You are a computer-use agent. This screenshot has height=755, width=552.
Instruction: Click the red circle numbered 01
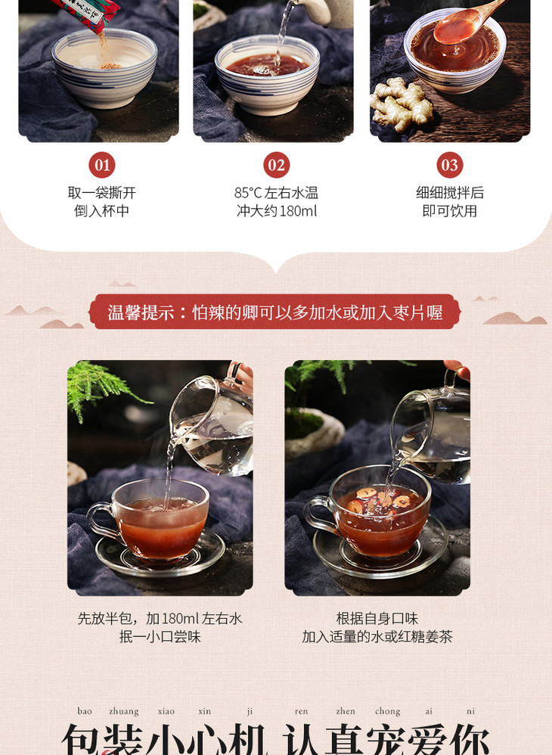[x=102, y=165]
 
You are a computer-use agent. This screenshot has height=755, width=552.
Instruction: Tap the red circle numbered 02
[x=276, y=165]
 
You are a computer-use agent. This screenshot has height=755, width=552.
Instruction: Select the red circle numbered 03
[x=449, y=165]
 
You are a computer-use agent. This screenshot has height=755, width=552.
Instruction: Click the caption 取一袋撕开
[x=102, y=193]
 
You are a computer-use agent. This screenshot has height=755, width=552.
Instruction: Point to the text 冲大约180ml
[x=277, y=211]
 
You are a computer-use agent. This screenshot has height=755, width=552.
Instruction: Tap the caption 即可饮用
[x=449, y=211]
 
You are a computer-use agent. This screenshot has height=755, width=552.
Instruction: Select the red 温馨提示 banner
[x=275, y=312]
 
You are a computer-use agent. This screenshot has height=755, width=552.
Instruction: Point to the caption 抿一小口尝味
[x=160, y=637]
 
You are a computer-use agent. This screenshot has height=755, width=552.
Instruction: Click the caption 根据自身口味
[x=377, y=619]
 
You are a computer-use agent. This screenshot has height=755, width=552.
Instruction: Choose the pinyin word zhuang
[x=124, y=711]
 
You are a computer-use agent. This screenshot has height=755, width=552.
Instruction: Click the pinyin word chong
[x=388, y=711]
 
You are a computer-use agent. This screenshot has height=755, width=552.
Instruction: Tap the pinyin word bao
[x=85, y=711]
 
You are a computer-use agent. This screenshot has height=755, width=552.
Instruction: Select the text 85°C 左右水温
[x=276, y=193]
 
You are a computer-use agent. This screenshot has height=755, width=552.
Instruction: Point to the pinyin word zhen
[x=346, y=711]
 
